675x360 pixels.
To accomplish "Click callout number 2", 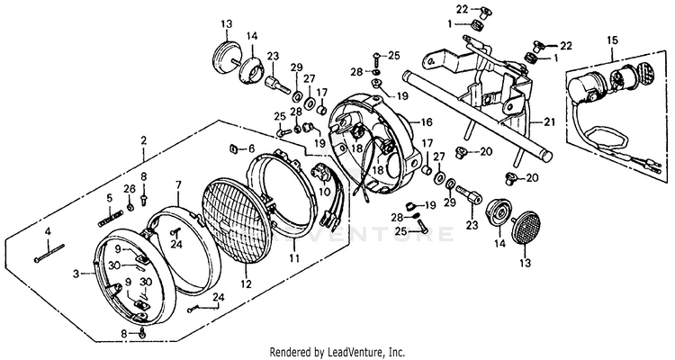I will [x=143, y=140].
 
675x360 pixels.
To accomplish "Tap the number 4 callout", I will [x=48, y=232].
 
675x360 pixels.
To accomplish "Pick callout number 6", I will [x=252, y=148].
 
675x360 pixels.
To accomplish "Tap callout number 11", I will [x=294, y=257].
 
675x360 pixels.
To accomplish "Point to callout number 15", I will [x=613, y=40].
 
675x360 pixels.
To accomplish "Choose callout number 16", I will [x=427, y=121].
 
